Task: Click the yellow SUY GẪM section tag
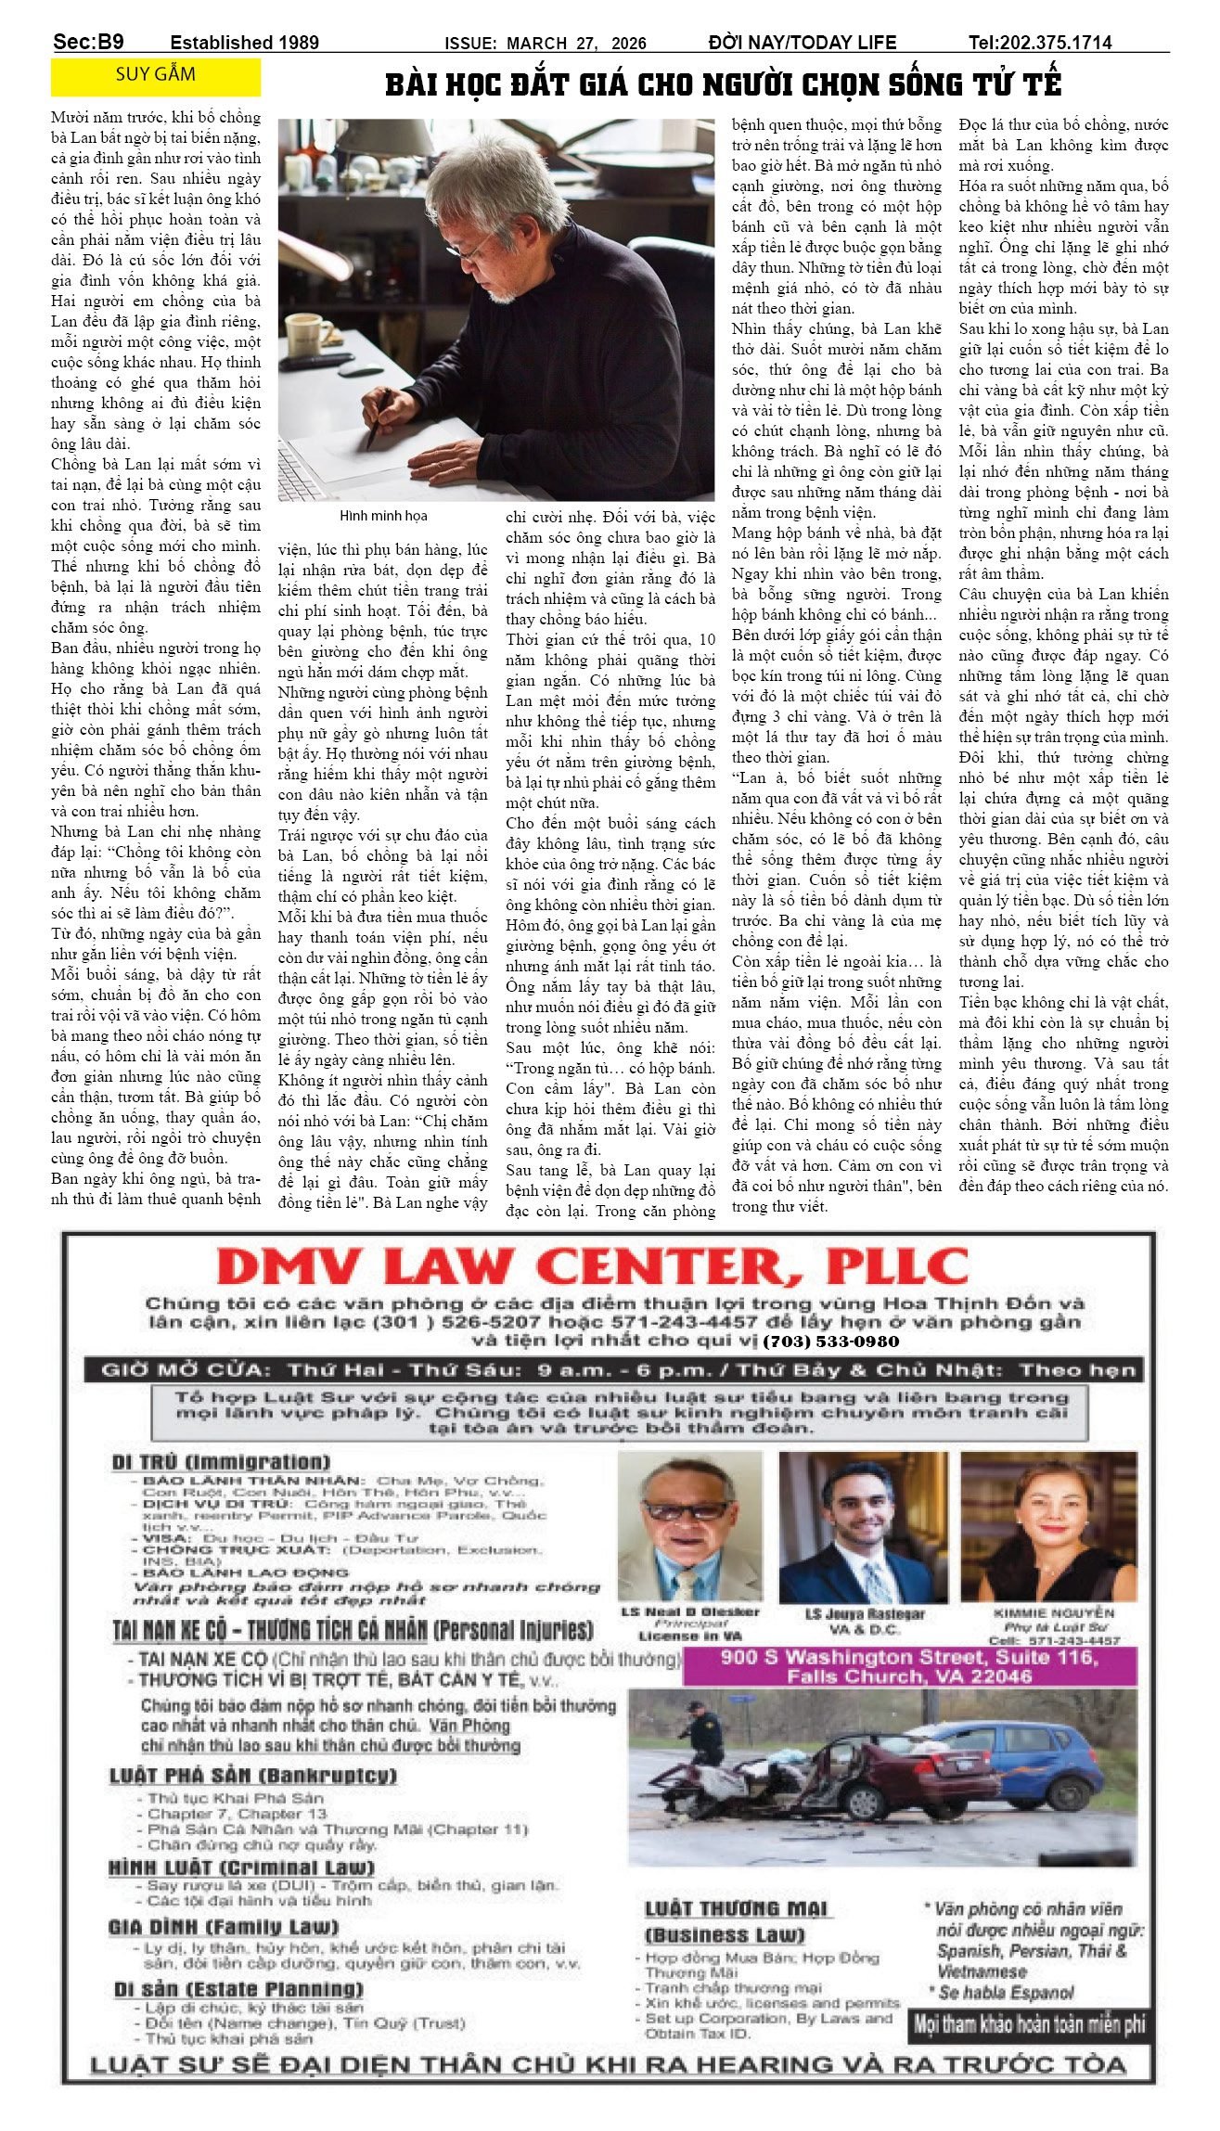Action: coord(155,76)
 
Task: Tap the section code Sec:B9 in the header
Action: coord(88,42)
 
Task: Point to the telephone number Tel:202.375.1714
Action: coord(1039,42)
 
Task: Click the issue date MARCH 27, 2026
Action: coord(575,43)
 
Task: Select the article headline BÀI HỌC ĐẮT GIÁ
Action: coord(723,84)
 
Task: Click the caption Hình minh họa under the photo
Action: coord(383,516)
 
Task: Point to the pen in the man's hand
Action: coord(378,420)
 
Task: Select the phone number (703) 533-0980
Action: coord(830,1342)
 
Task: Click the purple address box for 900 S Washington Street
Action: coord(908,1666)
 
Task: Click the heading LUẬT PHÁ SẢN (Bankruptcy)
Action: coord(252,1776)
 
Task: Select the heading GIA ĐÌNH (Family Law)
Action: coord(223,1927)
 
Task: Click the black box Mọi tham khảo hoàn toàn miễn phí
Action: coord(1029,2024)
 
